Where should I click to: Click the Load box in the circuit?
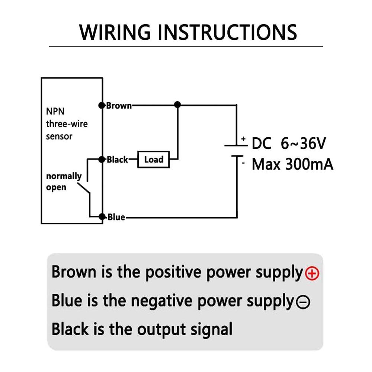(154, 160)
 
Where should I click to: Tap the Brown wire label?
(119, 106)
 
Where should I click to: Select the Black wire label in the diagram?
(118, 160)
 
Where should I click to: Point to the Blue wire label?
(116, 217)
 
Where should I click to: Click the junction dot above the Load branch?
(178, 105)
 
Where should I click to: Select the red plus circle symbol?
(312, 274)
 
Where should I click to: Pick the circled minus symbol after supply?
(303, 302)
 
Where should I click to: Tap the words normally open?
(64, 182)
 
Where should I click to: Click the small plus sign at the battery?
(243, 139)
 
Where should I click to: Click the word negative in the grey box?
(163, 301)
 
